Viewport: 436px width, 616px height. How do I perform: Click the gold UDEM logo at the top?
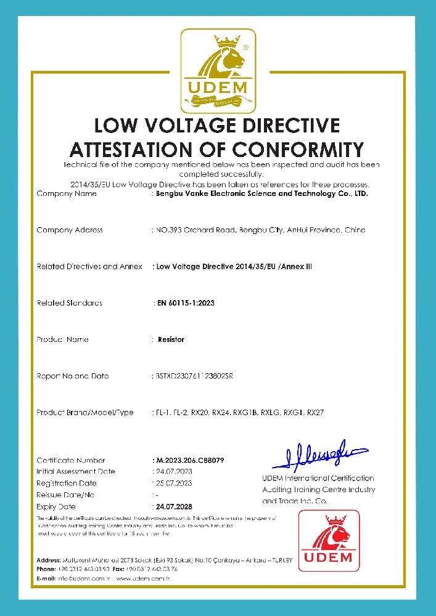[217, 72]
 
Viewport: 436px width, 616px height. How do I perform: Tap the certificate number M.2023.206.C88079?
[188, 460]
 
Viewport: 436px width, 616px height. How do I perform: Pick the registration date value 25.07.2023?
[173, 483]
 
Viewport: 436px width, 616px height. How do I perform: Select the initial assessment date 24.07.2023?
[173, 471]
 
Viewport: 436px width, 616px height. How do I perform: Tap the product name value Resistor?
[171, 339]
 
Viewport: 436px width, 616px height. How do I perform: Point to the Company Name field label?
[67, 194]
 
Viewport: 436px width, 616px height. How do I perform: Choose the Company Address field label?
[70, 230]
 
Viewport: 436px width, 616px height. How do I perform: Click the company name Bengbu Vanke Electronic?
[210, 194]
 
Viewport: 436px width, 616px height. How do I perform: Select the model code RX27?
[315, 412]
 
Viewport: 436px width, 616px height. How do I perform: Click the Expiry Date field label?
[56, 506]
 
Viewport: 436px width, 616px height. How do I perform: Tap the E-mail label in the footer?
[47, 578]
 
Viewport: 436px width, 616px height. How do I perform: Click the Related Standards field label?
[69, 302]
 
